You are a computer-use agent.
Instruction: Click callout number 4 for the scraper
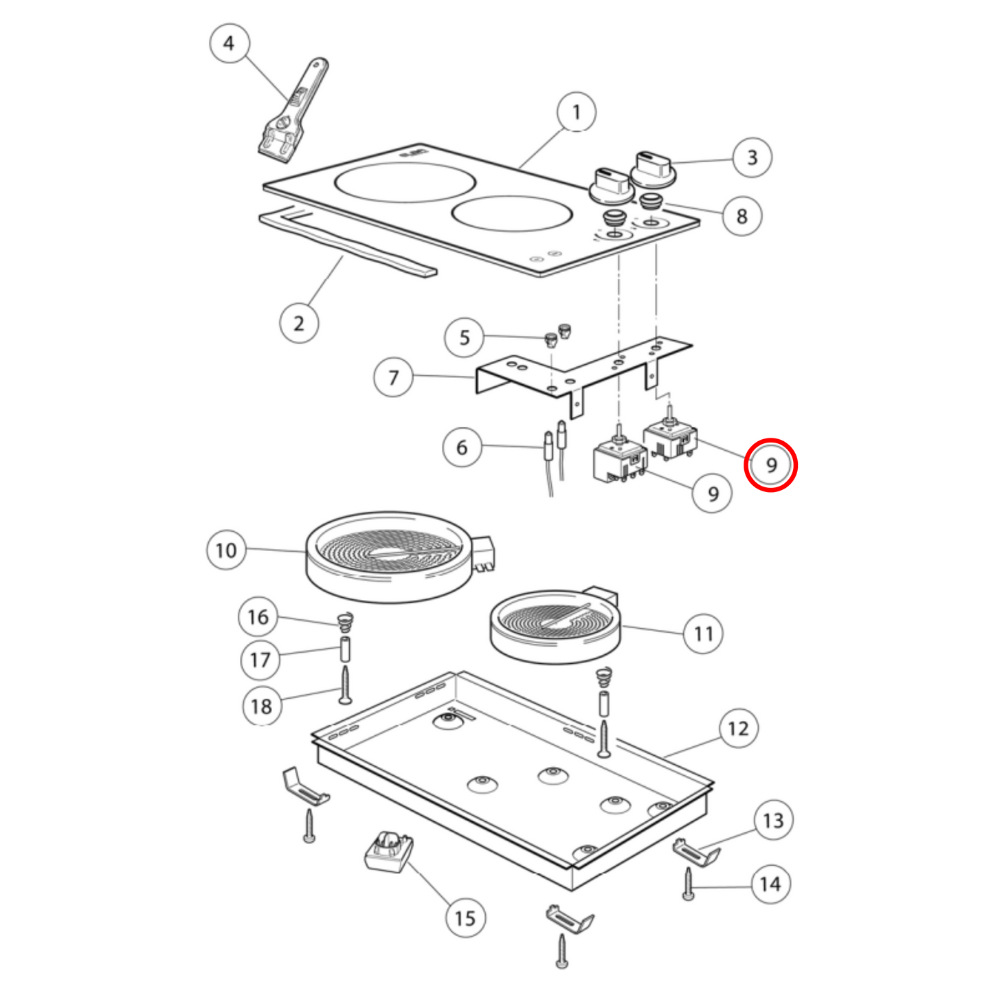tap(229, 43)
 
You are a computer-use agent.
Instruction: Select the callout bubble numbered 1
tap(576, 112)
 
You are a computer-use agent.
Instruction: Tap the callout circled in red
tap(771, 465)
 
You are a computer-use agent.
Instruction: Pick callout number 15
tap(465, 918)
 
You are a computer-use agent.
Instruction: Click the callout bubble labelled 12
tap(738, 728)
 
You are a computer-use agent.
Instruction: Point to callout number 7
tap(393, 377)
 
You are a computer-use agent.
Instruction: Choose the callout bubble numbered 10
tap(226, 550)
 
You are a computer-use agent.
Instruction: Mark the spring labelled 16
tap(345, 623)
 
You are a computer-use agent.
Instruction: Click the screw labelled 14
tap(688, 884)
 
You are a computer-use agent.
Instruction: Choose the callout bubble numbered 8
tap(741, 216)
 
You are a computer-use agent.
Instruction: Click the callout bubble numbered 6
tap(462, 447)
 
